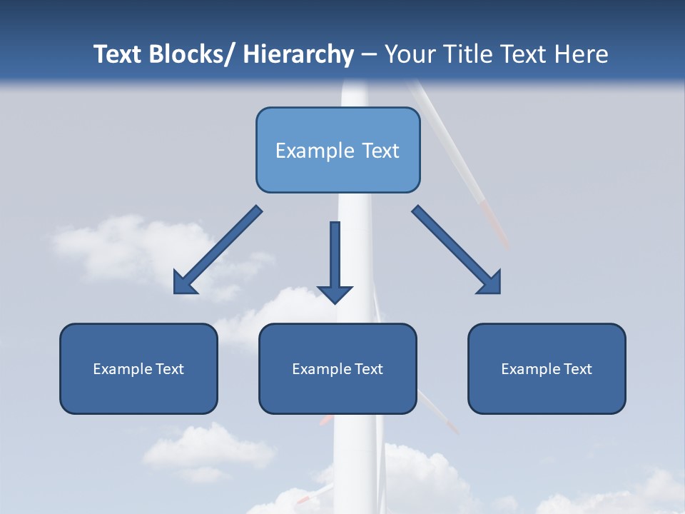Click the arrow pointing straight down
coord(335,257)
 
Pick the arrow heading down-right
coord(457,250)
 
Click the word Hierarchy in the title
coord(298,54)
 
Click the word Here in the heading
coord(582,54)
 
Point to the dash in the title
coord(369,54)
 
